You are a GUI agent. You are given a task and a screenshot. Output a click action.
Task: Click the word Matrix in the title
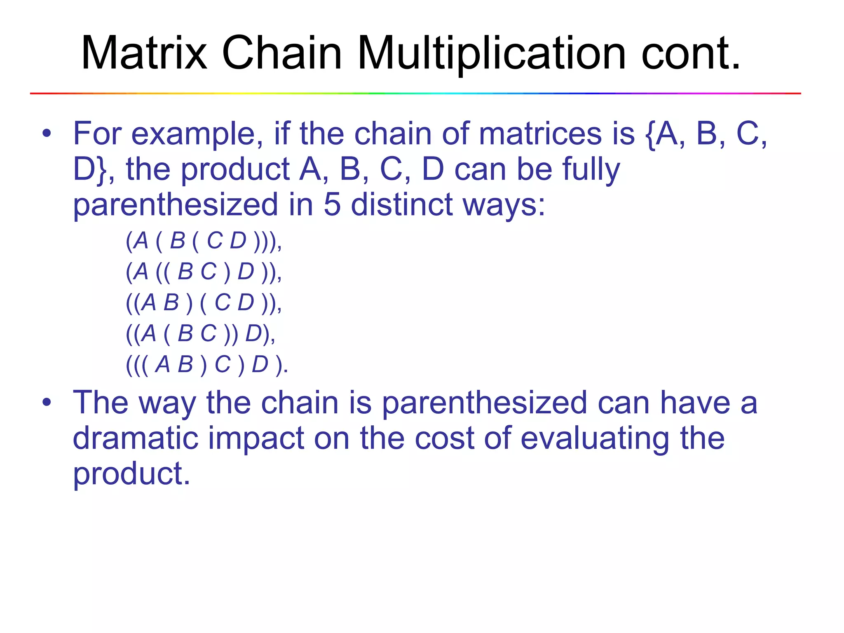click(144, 53)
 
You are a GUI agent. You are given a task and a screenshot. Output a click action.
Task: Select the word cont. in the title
click(691, 53)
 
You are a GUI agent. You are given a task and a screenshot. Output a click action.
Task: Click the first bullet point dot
click(47, 133)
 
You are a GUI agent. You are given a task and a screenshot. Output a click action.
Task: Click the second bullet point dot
click(47, 402)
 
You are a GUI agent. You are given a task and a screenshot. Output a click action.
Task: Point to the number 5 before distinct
click(332, 204)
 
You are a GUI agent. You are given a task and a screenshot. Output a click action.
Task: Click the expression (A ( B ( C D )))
click(204, 241)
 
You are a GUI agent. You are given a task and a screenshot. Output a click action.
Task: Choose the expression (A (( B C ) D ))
click(204, 272)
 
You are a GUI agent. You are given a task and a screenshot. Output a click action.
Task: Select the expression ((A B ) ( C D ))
click(204, 303)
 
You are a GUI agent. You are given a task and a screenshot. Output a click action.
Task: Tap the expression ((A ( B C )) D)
click(200, 334)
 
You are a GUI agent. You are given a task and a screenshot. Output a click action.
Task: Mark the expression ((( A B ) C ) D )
click(206, 365)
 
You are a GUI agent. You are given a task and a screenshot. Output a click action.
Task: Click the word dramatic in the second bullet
click(136, 438)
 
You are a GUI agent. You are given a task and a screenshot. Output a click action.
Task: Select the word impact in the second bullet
click(256, 438)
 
